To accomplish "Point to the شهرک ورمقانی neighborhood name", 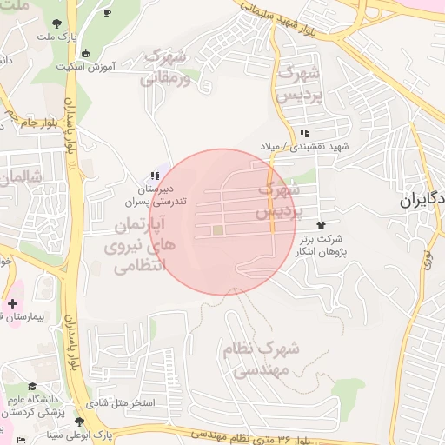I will click(163, 67).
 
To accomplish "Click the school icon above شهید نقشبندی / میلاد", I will click(304, 133).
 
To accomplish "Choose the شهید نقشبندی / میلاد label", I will click(305, 147).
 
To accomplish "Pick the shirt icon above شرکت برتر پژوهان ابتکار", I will click(327, 224).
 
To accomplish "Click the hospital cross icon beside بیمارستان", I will click(12, 304).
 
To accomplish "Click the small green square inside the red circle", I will click(218, 230).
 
